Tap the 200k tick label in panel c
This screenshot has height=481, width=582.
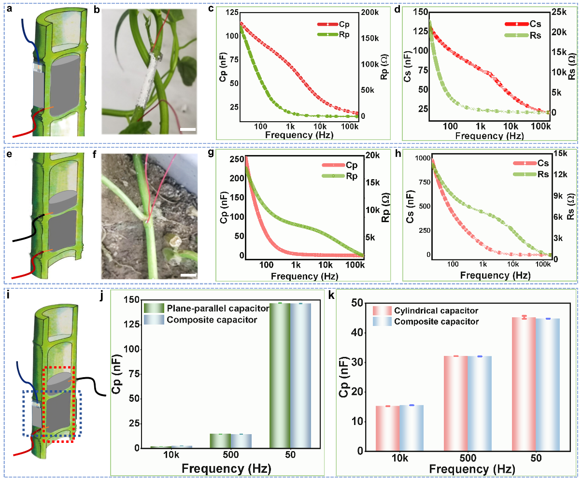coord(370,12)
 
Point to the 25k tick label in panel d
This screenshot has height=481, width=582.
coord(559,12)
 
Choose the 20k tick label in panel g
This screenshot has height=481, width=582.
coord(372,156)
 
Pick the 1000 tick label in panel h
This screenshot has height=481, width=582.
coord(423,158)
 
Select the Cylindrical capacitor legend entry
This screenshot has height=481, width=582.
coord(425,311)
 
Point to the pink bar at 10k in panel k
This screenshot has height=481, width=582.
coord(387,428)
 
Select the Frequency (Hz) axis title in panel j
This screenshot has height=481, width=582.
coord(226,468)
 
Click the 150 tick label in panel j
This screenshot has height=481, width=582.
coord(132,300)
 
